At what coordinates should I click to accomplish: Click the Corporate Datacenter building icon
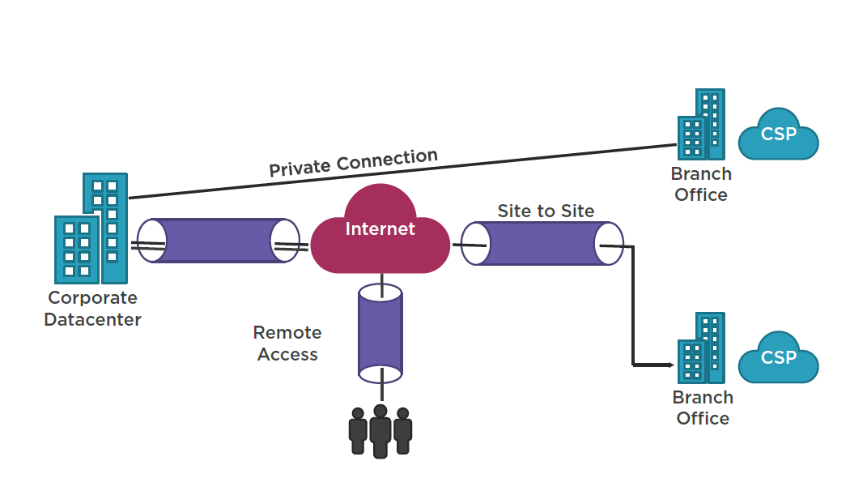pyautogui.click(x=91, y=228)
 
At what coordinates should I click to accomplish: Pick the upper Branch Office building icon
pyautogui.click(x=702, y=124)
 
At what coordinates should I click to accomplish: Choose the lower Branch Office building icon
pyautogui.click(x=702, y=348)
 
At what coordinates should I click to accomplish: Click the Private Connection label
pyautogui.click(x=354, y=162)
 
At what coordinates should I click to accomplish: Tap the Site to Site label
pyautogui.click(x=546, y=211)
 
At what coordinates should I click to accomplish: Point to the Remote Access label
pyautogui.click(x=287, y=343)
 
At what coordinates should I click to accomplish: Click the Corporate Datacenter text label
pyautogui.click(x=93, y=308)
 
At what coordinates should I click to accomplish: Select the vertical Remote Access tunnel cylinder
pyautogui.click(x=380, y=333)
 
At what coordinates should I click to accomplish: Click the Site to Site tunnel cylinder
pyautogui.click(x=542, y=244)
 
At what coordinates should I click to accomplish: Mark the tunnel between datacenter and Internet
pyautogui.click(x=218, y=241)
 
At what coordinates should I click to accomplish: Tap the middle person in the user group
pyautogui.click(x=380, y=431)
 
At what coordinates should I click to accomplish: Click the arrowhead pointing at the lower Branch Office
pyautogui.click(x=671, y=365)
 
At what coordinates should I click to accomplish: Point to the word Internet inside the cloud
pyautogui.click(x=380, y=229)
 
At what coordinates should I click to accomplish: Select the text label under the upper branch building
pyautogui.click(x=701, y=185)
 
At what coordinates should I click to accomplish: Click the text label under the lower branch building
pyautogui.click(x=703, y=408)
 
